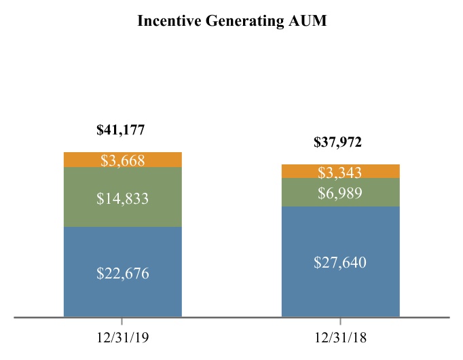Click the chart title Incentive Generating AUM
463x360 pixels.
click(x=231, y=22)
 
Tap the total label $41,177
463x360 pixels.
click(x=121, y=130)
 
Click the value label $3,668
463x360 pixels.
click(x=122, y=160)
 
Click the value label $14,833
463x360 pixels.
click(x=122, y=198)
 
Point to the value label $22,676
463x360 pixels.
click(x=122, y=274)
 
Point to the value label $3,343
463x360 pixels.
click(x=340, y=172)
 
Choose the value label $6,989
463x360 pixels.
click(x=340, y=194)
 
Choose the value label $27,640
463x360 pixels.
click(x=340, y=262)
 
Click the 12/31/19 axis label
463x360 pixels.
click(x=122, y=336)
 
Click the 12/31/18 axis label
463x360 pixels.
click(x=340, y=336)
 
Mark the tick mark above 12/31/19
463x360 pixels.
click(x=122, y=321)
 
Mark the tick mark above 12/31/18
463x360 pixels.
click(x=340, y=321)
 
